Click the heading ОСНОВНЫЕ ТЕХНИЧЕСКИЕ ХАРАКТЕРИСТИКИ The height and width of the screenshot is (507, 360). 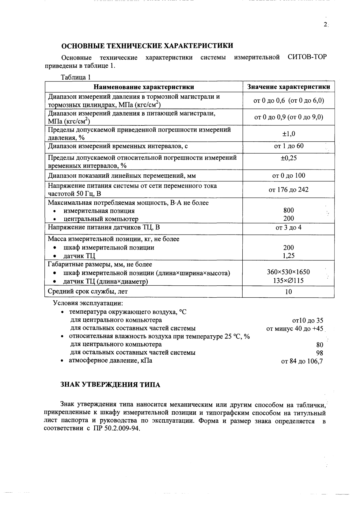147,46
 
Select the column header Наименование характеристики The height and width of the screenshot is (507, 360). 144,87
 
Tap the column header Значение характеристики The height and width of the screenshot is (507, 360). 289,87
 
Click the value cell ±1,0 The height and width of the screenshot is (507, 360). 289,134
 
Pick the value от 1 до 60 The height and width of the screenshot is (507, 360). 289,146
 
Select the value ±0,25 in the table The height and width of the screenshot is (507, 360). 289,158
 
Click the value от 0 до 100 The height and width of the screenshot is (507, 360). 289,176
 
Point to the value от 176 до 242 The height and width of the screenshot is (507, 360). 289,190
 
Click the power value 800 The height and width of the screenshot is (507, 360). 289,210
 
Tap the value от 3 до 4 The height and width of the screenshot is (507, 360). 289,228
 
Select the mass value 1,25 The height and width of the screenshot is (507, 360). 289,256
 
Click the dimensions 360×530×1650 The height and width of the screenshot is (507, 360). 289,272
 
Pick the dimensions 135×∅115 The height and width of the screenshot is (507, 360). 289,280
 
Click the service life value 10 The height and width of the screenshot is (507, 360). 289,292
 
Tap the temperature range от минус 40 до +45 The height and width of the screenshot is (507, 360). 295,329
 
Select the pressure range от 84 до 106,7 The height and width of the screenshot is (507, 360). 302,361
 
